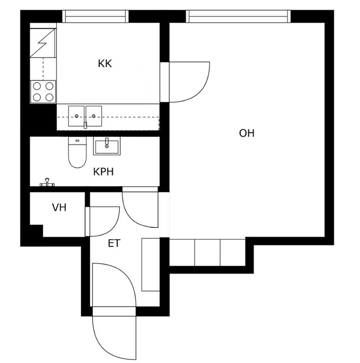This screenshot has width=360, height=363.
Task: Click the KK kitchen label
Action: (x=105, y=63)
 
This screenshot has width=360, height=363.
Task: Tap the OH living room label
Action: (x=246, y=133)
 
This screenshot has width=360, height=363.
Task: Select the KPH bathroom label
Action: (x=103, y=172)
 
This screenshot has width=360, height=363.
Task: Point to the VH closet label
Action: (x=59, y=207)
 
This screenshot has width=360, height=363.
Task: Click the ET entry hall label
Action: (x=114, y=243)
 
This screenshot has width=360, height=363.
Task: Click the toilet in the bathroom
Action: (x=78, y=152)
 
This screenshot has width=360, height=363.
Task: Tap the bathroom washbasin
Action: (x=107, y=146)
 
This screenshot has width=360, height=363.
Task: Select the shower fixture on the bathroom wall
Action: (x=47, y=182)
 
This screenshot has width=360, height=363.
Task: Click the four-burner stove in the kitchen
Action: (x=43, y=92)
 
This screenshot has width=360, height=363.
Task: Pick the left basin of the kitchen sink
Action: (x=76, y=116)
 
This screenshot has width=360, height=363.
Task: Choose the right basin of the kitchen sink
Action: (x=94, y=116)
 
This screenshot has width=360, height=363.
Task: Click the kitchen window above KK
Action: (x=95, y=17)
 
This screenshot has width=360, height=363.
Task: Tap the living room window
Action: (x=238, y=17)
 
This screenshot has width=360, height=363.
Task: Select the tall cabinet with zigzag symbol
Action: (x=43, y=43)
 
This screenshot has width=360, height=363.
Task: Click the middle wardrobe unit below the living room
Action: (x=207, y=252)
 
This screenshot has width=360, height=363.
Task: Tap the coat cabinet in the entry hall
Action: (x=150, y=264)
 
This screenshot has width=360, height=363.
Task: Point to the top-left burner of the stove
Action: (x=37, y=86)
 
